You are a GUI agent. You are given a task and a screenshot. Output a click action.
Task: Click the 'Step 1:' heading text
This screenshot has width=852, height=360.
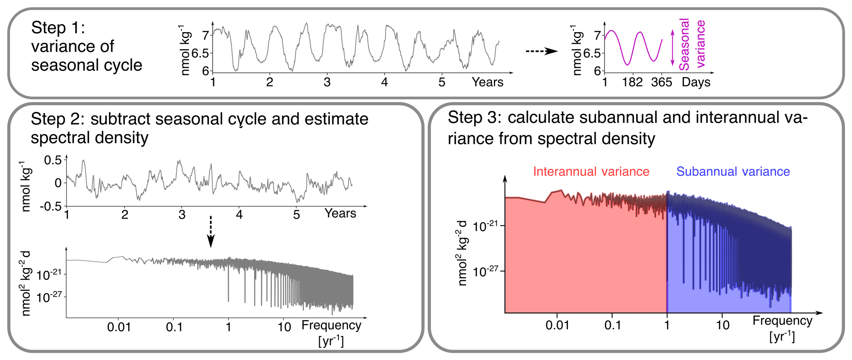(x=58, y=28)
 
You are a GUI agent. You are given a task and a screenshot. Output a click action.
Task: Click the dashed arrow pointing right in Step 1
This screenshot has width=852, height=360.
(x=542, y=51)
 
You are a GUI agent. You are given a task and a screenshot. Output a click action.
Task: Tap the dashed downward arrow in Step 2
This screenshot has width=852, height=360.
(x=211, y=231)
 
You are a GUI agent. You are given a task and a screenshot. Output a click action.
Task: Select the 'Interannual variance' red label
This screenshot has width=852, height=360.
(x=591, y=172)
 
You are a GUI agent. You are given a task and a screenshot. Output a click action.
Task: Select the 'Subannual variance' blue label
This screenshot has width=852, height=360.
(x=733, y=172)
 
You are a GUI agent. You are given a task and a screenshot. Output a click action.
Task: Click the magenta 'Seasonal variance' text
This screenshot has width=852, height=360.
(x=692, y=44)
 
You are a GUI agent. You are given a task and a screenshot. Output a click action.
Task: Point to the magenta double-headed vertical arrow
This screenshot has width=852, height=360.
(x=672, y=48)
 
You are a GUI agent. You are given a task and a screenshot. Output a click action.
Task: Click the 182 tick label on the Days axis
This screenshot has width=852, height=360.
(x=632, y=82)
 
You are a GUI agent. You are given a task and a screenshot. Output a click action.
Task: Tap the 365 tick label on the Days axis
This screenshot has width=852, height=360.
(x=662, y=82)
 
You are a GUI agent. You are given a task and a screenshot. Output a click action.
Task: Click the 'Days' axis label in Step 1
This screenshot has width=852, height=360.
(x=696, y=82)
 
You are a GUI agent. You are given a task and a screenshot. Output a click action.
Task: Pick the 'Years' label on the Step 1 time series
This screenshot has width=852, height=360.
(x=488, y=82)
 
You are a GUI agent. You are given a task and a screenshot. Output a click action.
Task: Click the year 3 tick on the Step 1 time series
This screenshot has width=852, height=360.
(x=327, y=82)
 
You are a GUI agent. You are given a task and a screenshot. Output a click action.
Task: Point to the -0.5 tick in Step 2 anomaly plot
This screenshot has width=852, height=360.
(x=53, y=206)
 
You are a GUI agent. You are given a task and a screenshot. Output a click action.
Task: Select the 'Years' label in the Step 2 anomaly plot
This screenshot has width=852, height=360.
(x=340, y=213)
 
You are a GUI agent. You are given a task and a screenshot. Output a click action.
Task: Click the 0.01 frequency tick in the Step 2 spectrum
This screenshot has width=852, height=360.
(x=119, y=327)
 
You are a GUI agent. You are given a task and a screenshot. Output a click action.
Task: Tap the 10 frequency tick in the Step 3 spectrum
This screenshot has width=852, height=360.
(x=723, y=325)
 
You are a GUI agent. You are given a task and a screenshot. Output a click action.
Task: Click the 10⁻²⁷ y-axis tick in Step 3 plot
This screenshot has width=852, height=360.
(x=489, y=271)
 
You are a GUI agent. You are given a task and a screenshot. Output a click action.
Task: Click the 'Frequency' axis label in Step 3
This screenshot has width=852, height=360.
(x=782, y=320)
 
